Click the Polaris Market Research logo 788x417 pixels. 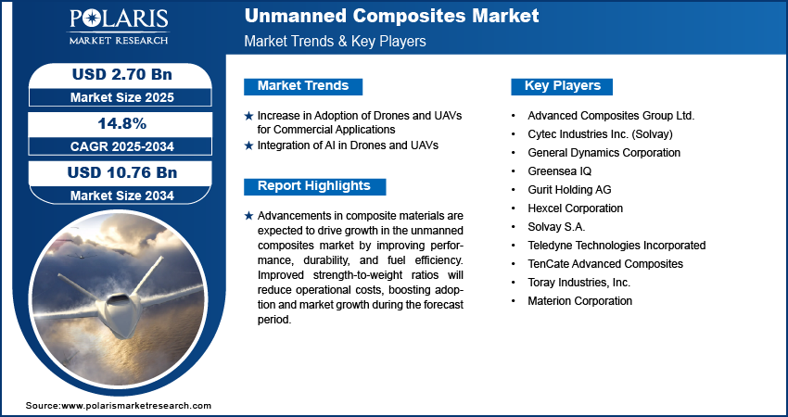119,26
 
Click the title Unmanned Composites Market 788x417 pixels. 391,16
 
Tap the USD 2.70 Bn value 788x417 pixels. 121,75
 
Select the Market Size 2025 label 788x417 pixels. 121,97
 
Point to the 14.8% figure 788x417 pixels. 121,123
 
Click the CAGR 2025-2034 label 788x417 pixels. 121,146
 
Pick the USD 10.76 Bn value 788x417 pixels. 121,173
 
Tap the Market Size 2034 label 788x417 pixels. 121,196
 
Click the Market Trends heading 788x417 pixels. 303,86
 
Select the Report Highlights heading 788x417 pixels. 313,186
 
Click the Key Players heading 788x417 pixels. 563,86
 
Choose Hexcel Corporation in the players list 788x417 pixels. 575,208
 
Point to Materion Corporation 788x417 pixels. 580,301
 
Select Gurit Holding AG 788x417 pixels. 569,189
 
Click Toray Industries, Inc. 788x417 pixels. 578,283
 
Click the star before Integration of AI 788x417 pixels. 248,145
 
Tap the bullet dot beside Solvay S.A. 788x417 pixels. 513,227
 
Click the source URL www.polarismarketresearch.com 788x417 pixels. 136,406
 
